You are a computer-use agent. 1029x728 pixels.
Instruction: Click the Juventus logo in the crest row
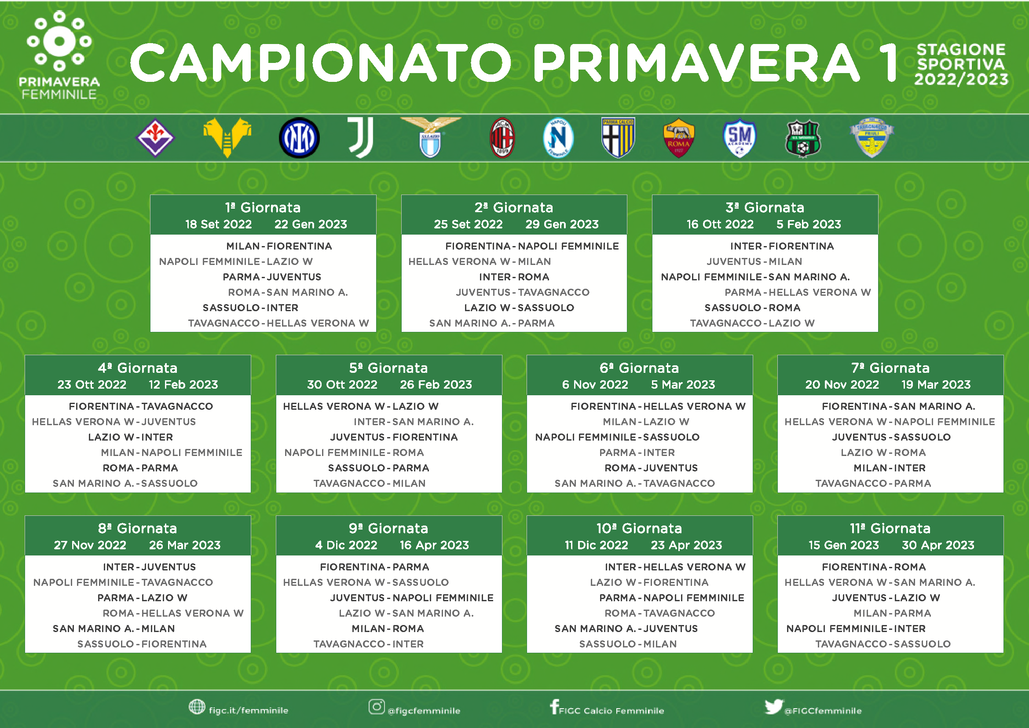pos(361,138)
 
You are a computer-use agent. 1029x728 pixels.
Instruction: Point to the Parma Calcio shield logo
pos(618,138)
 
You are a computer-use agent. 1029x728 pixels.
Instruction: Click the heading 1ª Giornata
pos(263,208)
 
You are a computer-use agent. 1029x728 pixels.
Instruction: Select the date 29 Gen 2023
pos(562,224)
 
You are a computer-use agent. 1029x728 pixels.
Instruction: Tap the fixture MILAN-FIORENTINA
pos(279,246)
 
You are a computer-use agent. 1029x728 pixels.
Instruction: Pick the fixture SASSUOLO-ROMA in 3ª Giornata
pos(752,308)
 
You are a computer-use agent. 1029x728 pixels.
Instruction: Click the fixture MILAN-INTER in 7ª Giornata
pos(890,468)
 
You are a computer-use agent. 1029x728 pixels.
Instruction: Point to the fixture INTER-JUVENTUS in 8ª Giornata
pos(149,567)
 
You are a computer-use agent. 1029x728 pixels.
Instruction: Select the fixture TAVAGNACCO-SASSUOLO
pos(883,644)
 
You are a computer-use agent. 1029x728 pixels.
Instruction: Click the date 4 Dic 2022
pos(346,545)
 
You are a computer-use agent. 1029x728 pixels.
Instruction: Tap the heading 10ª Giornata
pos(639,529)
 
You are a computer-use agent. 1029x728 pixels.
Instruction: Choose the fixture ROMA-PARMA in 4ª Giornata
pos(140,468)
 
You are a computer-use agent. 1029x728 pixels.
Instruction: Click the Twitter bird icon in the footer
pos(774,707)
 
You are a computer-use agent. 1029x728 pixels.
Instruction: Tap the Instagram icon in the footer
pos(377,707)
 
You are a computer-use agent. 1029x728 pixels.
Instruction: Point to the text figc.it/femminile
pos(248,710)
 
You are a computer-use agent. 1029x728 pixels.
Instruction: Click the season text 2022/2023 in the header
pos(961,79)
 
